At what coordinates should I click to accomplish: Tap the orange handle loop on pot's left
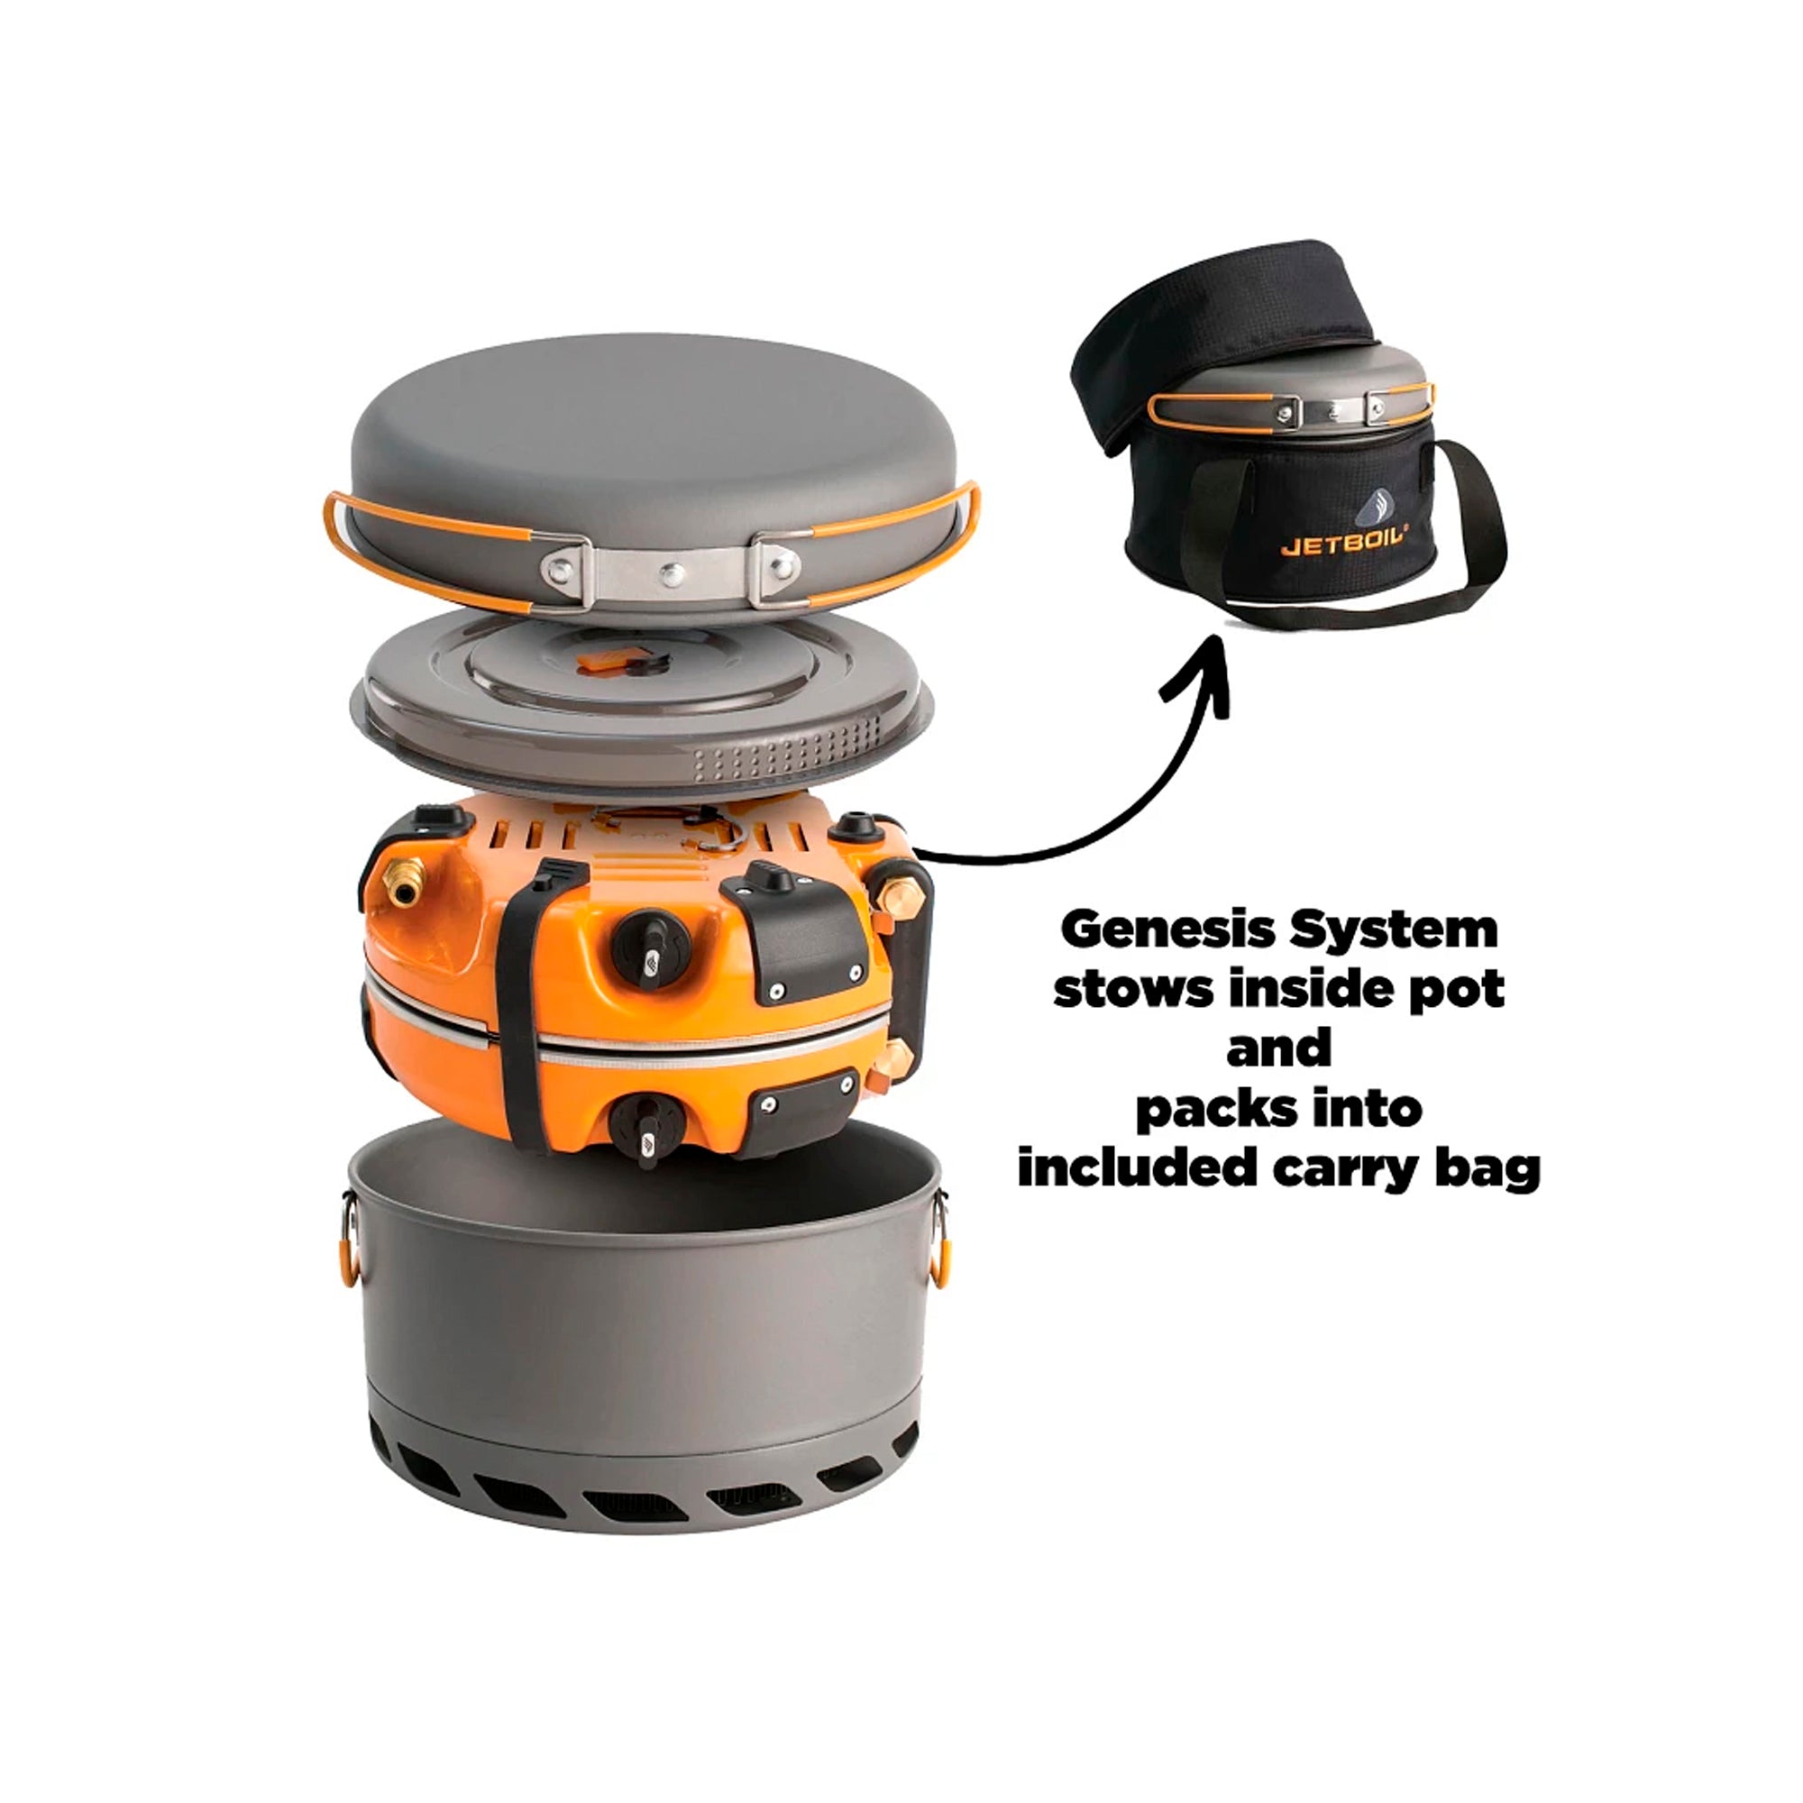[350, 1241]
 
